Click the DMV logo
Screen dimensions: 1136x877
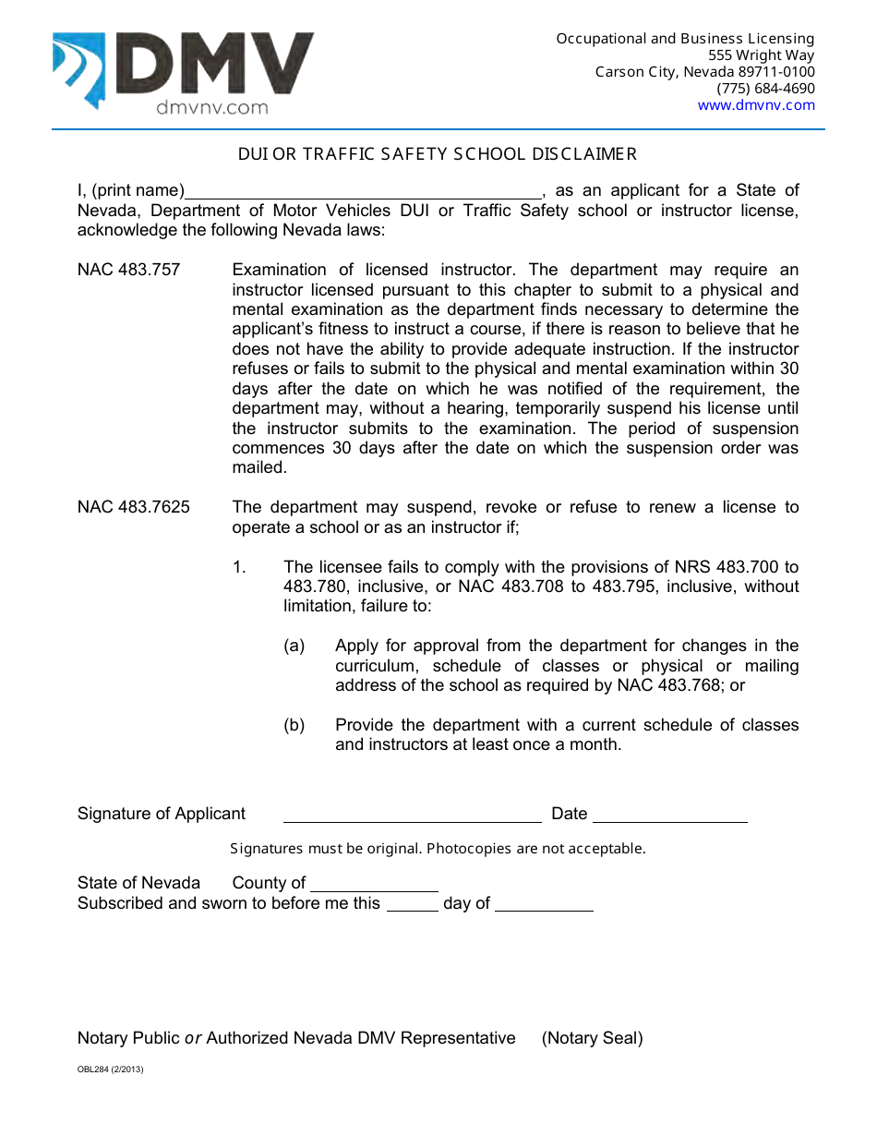pyautogui.click(x=183, y=72)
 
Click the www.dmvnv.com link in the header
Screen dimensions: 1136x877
pyautogui.click(x=756, y=105)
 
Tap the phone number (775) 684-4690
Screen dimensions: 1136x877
pyautogui.click(x=765, y=89)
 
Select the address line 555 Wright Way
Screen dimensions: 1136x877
pyautogui.click(x=755, y=55)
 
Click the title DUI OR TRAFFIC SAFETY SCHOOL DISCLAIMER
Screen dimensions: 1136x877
pyautogui.click(x=438, y=154)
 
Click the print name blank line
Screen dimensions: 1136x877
pyautogui.click(x=364, y=192)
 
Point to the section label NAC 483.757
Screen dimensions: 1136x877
pyautogui.click(x=129, y=271)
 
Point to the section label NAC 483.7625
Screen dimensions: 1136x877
pyautogui.click(x=134, y=507)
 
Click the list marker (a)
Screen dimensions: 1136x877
pyautogui.click(x=294, y=646)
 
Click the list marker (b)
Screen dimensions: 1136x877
pyautogui.click(x=294, y=725)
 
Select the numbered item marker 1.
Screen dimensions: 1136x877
pyautogui.click(x=239, y=567)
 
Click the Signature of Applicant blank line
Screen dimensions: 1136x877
pyautogui.click(x=412, y=815)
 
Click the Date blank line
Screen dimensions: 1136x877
pyautogui.click(x=669, y=815)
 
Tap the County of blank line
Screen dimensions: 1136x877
pyautogui.click(x=374, y=884)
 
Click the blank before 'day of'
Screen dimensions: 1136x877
pyautogui.click(x=412, y=904)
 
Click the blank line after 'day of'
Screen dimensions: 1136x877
pyautogui.click(x=544, y=904)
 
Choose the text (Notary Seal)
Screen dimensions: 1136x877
pyautogui.click(x=592, y=1038)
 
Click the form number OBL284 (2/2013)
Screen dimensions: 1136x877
pyautogui.click(x=111, y=1070)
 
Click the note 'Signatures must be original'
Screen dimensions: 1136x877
pyautogui.click(x=438, y=849)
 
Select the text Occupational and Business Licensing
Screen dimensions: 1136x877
pyautogui.click(x=685, y=39)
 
